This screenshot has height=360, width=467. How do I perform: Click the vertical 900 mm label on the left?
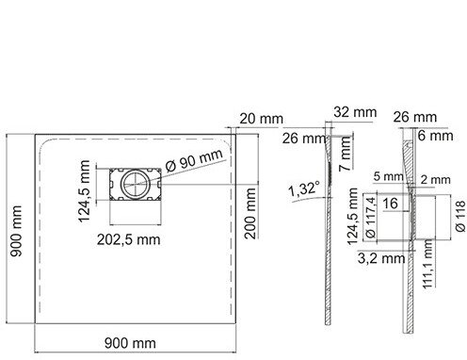[x=16, y=231]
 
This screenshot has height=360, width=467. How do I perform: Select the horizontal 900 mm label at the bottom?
[x=130, y=343]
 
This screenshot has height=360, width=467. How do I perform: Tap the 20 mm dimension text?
[x=261, y=119]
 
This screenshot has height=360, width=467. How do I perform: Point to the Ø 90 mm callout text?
[x=194, y=160]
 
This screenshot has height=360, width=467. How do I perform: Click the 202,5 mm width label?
[x=129, y=239]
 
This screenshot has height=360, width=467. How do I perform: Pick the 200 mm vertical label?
[x=250, y=213]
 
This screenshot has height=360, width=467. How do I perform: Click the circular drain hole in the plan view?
[x=137, y=184]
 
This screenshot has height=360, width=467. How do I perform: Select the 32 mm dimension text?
[x=355, y=112]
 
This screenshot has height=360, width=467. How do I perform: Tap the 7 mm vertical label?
[x=346, y=154]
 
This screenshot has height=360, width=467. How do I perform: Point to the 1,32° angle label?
[x=304, y=189]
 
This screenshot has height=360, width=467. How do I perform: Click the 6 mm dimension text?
[x=435, y=136]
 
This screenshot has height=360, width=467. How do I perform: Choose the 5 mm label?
[x=388, y=176]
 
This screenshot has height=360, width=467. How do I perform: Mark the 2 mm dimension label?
[x=435, y=180]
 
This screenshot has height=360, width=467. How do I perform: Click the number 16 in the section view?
[x=390, y=204]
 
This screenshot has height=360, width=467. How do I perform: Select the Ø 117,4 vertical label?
[x=370, y=217]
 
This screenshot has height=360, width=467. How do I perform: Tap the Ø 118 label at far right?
[x=460, y=217]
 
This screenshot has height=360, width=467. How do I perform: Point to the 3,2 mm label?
[x=381, y=258]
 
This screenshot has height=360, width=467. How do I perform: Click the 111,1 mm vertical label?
[x=427, y=265]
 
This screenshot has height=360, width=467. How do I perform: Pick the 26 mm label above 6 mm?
[x=414, y=117]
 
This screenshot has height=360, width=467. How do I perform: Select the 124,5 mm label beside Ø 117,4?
[x=352, y=216]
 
